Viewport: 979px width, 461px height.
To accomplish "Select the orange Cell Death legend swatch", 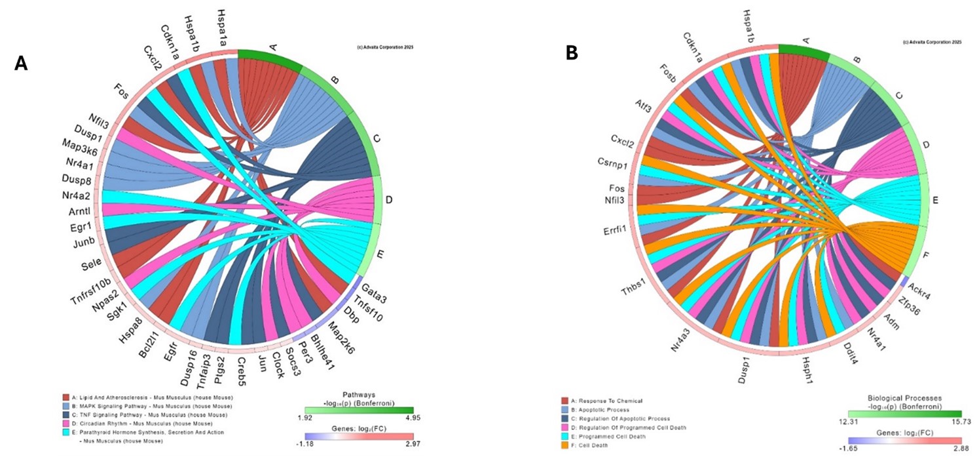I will (x=564, y=445).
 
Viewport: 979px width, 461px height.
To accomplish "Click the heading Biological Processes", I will (x=905, y=397).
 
